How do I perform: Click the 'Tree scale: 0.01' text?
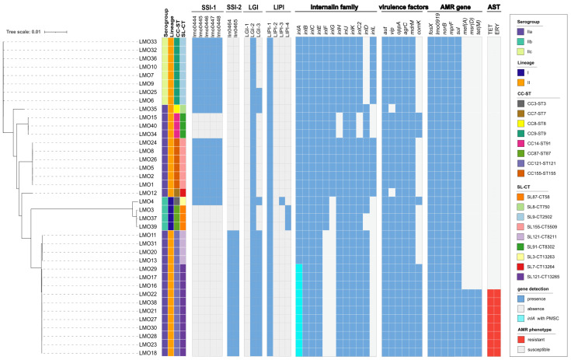(x=24, y=32)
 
